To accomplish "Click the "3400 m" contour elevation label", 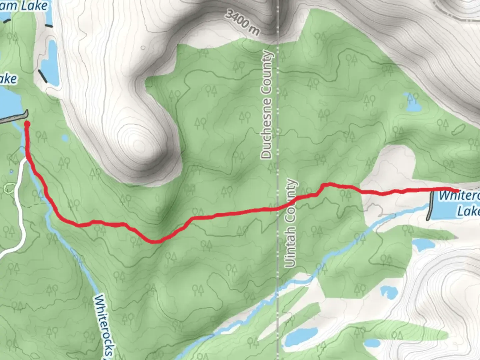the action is click(x=242, y=22).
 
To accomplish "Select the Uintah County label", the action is click(x=290, y=223).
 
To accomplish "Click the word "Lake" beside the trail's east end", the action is click(x=468, y=211).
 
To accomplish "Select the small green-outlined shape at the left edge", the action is click(x=9, y=188).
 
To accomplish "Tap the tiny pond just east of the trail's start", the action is click(x=64, y=138).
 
